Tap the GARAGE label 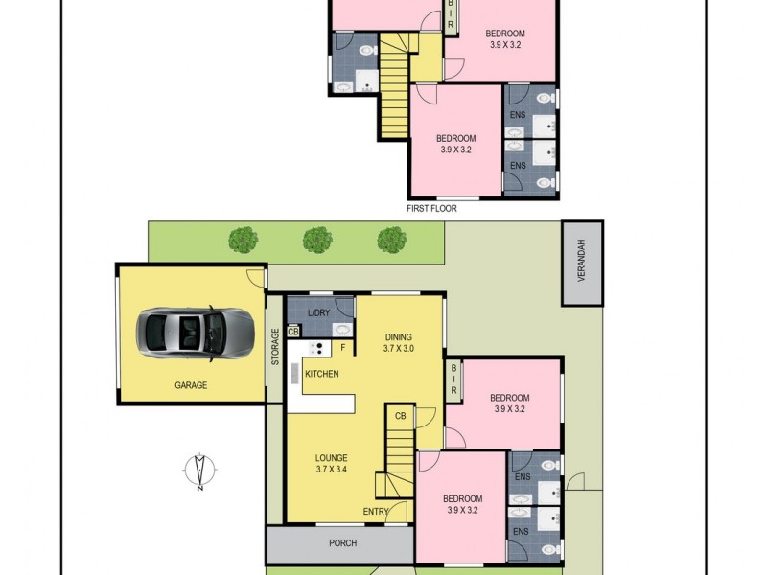[x=191, y=385]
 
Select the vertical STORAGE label [x=275, y=346]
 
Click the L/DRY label [x=318, y=313]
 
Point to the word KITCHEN [x=321, y=373]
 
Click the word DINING [x=398, y=336]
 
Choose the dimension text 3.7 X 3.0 [x=398, y=349]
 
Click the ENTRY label [x=375, y=512]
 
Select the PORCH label [x=342, y=543]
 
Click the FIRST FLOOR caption [x=432, y=208]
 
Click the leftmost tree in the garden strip [x=244, y=239]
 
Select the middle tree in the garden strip [x=317, y=239]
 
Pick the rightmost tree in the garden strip [x=390, y=239]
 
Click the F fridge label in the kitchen [x=342, y=346]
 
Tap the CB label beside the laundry [x=293, y=332]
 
